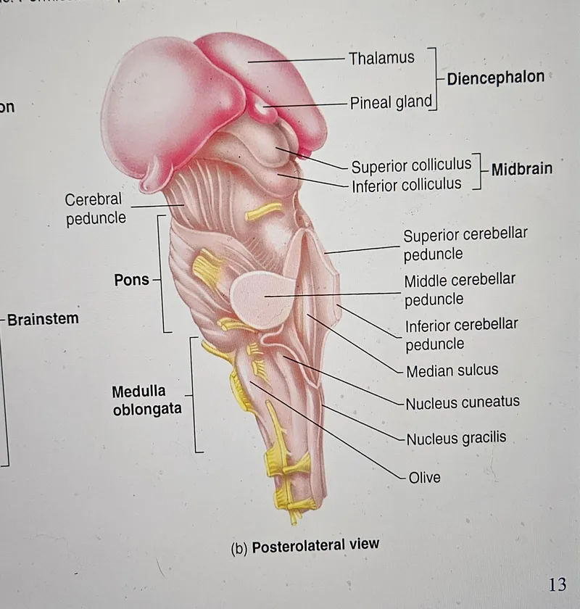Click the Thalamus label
(381, 58)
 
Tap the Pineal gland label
(391, 103)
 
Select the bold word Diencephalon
(496, 78)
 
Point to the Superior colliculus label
(411, 166)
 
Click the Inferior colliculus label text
(406, 185)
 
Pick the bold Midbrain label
(522, 169)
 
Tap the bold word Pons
(131, 280)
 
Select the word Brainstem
(43, 319)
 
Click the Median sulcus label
(452, 370)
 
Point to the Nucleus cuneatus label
(463, 402)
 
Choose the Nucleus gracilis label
(457, 438)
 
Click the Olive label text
(425, 477)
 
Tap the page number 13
(558, 584)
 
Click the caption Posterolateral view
(315, 546)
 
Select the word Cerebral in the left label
(94, 199)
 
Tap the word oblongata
(147, 409)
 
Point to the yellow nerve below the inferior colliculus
(263, 211)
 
